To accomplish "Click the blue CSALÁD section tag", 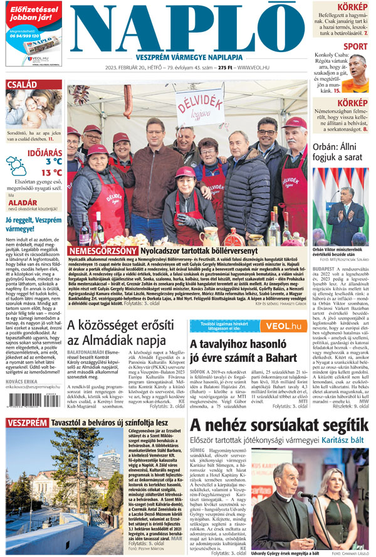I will point(23,85).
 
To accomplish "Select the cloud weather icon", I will point(16,166).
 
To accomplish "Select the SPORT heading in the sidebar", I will point(356,46).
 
